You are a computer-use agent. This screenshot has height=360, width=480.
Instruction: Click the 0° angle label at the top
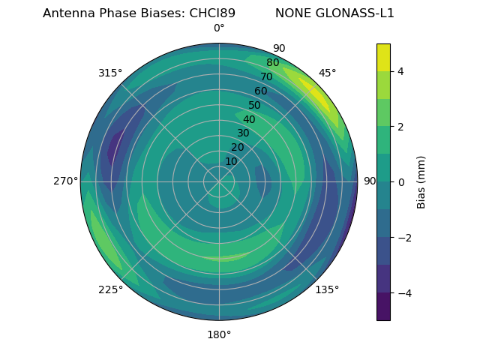coord(219,28)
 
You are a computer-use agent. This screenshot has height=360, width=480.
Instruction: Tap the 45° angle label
coord(327,73)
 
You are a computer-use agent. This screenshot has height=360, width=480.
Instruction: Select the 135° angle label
coord(327,289)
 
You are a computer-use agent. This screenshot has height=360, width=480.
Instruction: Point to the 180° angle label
coord(219,334)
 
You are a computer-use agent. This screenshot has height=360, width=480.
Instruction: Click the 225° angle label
coord(110,289)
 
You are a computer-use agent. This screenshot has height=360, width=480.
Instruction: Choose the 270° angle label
coord(65,181)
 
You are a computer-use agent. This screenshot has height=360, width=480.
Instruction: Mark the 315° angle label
coord(110,73)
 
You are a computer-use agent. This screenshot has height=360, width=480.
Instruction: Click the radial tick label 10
coord(231,161)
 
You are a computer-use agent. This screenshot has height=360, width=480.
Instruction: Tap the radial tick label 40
coord(249,119)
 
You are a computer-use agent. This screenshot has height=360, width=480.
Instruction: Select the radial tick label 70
coord(266,76)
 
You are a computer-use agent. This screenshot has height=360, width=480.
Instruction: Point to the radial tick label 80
coord(272,63)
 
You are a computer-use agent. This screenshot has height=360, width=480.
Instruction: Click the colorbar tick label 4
coord(401,71)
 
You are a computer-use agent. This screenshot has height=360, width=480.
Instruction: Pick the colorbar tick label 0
coord(401,181)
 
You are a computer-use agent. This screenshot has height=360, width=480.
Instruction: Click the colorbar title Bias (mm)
coord(421,181)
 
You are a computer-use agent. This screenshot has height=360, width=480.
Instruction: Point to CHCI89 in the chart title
coord(206,13)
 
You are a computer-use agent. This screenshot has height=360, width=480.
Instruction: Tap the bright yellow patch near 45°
coord(316,94)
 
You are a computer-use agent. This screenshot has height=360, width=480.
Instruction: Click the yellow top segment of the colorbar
coord(383,57)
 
